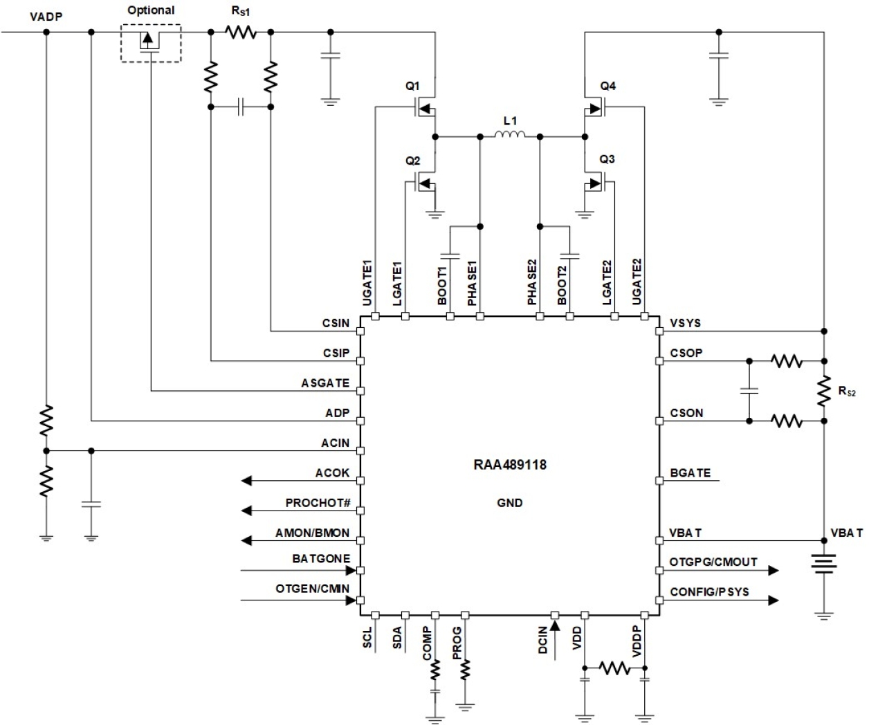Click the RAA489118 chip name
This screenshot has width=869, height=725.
pos(509,465)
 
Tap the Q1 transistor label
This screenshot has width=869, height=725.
pos(412,86)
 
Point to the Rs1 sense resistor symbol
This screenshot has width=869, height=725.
pos(240,32)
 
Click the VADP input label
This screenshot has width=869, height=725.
pos(46,15)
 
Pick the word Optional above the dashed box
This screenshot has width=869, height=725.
pos(151,10)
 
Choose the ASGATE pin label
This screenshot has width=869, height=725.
pos(325,383)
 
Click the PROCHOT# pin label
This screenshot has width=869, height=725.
pos(318,503)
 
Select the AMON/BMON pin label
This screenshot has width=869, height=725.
pos(312,533)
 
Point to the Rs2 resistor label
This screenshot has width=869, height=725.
pos(847,392)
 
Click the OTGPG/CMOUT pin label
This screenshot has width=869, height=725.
pos(713,562)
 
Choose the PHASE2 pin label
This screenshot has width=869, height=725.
pos(531,283)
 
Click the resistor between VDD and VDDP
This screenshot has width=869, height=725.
pos(614,668)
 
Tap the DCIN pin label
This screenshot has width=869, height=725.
pos(543,640)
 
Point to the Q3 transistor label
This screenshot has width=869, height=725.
pos(607,159)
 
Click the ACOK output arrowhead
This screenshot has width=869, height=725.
pos(246,480)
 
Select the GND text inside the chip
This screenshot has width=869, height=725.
pos(509,503)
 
